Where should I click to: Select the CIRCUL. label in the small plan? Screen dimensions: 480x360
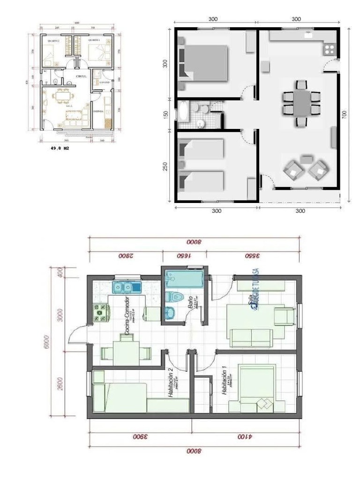(80, 76)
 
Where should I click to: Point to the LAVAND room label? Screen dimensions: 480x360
(104, 82)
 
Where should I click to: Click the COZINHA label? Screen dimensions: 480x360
(98, 112)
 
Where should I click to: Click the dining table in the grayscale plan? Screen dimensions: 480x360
(301, 104)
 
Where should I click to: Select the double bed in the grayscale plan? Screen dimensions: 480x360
(204, 63)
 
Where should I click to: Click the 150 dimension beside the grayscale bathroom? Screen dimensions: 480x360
(165, 113)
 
